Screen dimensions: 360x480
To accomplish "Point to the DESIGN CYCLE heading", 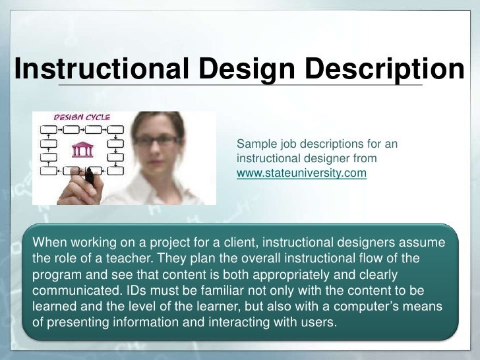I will (81, 117).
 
